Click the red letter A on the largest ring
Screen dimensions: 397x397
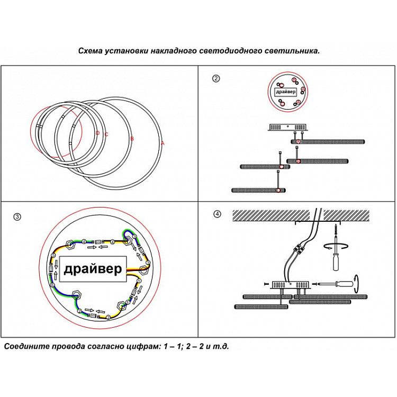163,143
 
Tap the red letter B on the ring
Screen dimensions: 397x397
132,139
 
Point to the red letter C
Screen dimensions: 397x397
106,134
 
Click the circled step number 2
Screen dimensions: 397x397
215,79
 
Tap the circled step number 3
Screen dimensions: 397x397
17,216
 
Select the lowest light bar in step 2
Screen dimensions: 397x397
259,190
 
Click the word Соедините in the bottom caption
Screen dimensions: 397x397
25,347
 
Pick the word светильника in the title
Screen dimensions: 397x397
293,51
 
